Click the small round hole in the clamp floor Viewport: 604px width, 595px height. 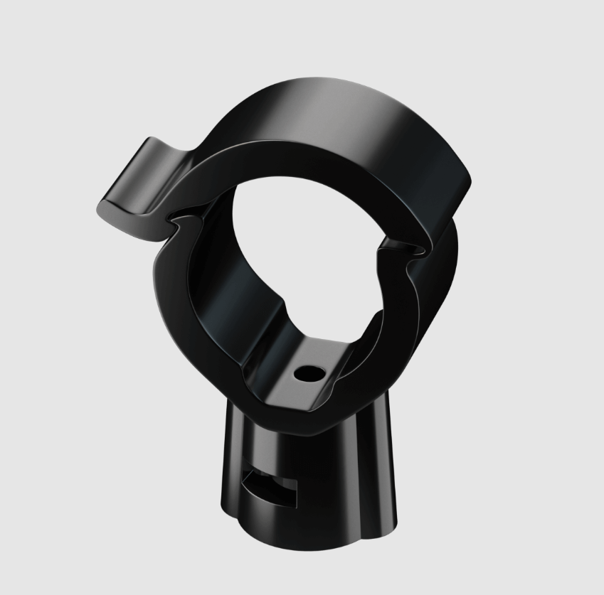309,372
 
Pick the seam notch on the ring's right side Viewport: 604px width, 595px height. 406,245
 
